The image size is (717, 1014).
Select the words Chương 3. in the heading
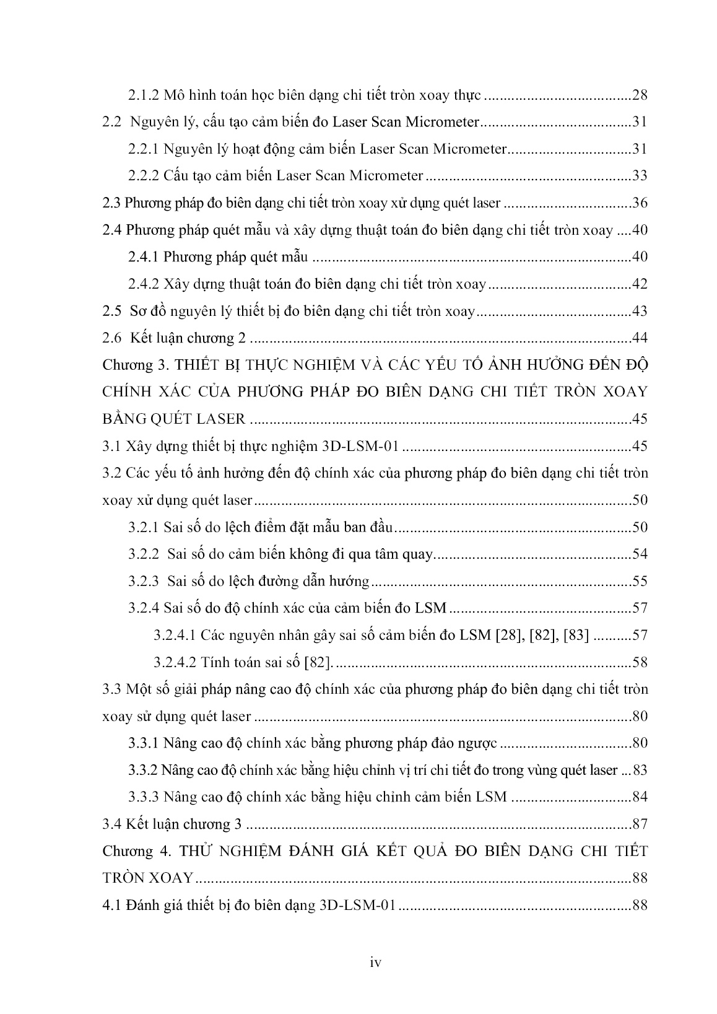click(129, 365)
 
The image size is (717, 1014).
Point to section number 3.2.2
click(144, 554)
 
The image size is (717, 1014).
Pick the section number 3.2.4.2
click(175, 662)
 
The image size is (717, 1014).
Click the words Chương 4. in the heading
click(129, 851)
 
